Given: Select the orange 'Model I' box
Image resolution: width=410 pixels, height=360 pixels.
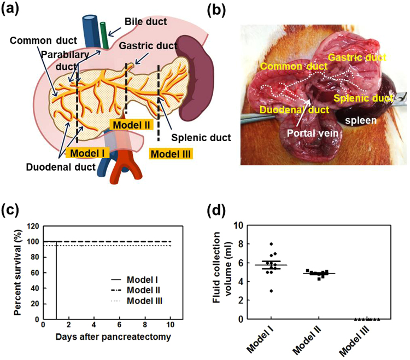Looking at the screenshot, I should pyautogui.click(x=86, y=152).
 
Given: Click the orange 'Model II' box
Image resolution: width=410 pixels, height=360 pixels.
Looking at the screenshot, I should pyautogui.click(x=130, y=125).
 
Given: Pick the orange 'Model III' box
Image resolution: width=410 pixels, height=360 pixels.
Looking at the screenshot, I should pyautogui.click(x=171, y=154).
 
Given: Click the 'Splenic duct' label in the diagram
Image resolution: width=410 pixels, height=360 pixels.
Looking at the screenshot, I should pyautogui.click(x=192, y=137).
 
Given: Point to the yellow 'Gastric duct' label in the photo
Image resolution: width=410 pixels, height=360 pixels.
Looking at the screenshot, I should pyautogui.click(x=360, y=57).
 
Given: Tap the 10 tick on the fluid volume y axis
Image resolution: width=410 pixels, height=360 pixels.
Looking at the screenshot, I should pyautogui.click(x=237, y=225).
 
